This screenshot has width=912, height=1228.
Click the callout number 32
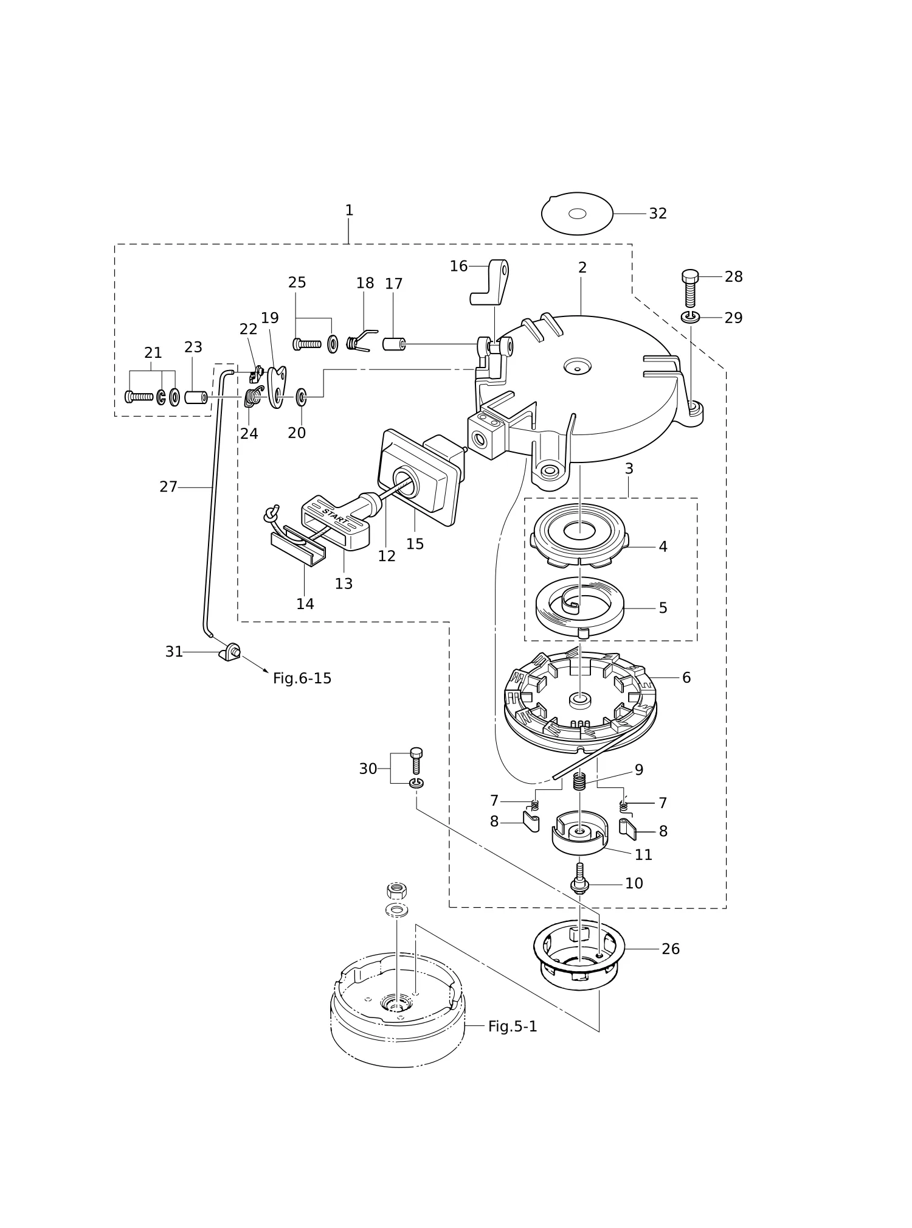pyautogui.click(x=658, y=214)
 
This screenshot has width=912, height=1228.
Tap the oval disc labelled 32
pyautogui.click(x=577, y=214)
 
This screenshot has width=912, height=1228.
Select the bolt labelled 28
pyautogui.click(x=690, y=288)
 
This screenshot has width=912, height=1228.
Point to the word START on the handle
pyautogui.click(x=336, y=515)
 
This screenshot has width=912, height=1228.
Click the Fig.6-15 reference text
pyautogui.click(x=302, y=679)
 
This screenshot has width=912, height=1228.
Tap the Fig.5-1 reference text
pyautogui.click(x=513, y=1027)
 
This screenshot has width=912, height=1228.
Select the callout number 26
pyautogui.click(x=671, y=949)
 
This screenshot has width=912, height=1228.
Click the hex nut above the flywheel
pyautogui.click(x=397, y=891)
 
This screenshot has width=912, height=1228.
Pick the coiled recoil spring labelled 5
pyautogui.click(x=579, y=605)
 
